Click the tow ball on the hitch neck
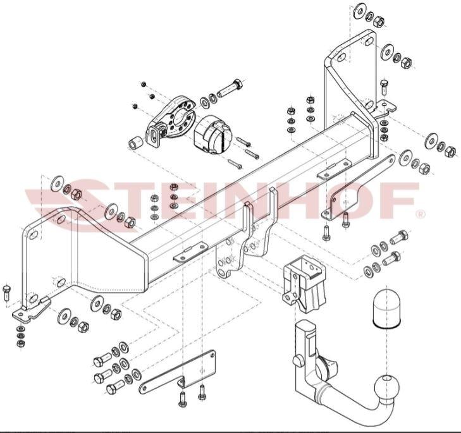click(387, 387)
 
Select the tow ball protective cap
click(387, 308)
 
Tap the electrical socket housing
click(211, 133)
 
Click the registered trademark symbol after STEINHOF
click(421, 214)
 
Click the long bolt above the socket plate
click(230, 88)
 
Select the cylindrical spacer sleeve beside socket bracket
click(136, 142)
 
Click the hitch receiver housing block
click(304, 282)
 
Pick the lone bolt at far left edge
click(6, 293)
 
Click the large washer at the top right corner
click(359, 11)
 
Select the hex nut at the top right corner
click(379, 21)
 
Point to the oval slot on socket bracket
click(154, 136)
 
